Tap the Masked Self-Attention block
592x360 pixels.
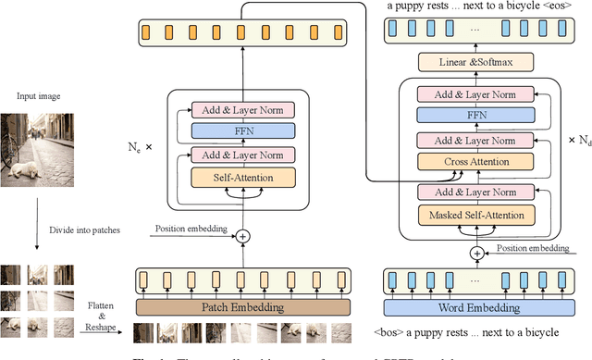pyautogui.click(x=476, y=216)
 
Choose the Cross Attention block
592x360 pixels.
pyautogui.click(x=476, y=161)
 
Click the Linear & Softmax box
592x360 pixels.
pyautogui.click(x=476, y=63)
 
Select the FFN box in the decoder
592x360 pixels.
pyautogui.click(x=476, y=115)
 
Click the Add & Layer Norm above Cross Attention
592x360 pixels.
pyautogui.click(x=476, y=139)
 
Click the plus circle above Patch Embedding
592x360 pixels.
pyautogui.click(x=243, y=236)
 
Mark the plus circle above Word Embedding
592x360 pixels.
pyautogui.click(x=477, y=253)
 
